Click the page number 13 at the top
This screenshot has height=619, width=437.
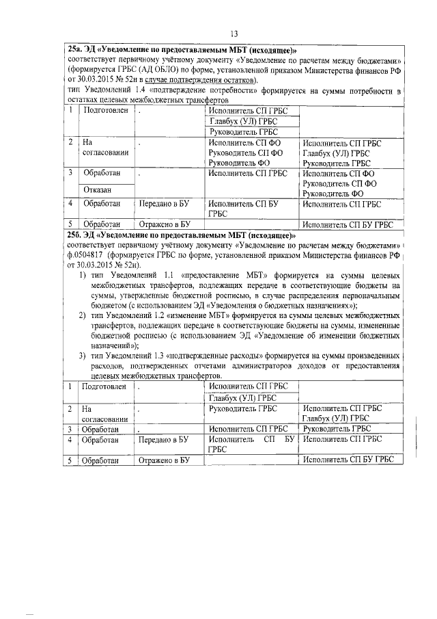click(x=233, y=34)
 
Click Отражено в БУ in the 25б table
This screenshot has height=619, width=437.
click(x=163, y=461)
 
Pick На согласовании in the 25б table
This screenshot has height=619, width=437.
click(x=104, y=414)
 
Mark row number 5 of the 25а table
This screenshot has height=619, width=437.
click(x=71, y=224)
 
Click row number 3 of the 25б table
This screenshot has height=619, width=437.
click(x=71, y=429)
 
